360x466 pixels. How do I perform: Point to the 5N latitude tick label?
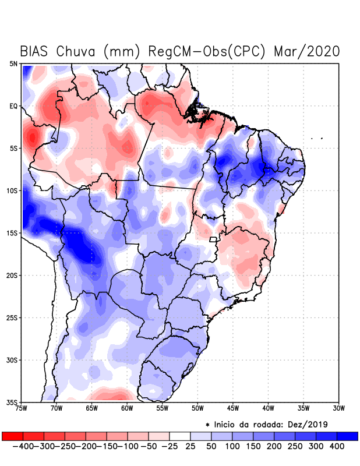coord(13,63)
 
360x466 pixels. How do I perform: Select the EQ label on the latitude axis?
coord(13,106)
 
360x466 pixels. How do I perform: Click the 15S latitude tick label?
coord(12,233)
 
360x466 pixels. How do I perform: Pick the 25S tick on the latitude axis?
coord(12,317)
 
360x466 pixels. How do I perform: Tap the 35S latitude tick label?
coord(12,402)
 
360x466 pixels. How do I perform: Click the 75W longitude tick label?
coord(22,408)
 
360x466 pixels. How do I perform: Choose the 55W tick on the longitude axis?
coord(163,408)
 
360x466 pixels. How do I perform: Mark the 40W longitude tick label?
coord(269,408)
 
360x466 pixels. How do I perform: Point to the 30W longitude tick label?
coord(339,408)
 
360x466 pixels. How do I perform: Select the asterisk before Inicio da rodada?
coord(207,424)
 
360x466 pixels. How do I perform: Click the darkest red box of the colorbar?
coord(12,436)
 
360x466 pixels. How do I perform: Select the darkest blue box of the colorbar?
coord(348,436)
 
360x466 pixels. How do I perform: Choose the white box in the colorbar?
coord(180,436)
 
